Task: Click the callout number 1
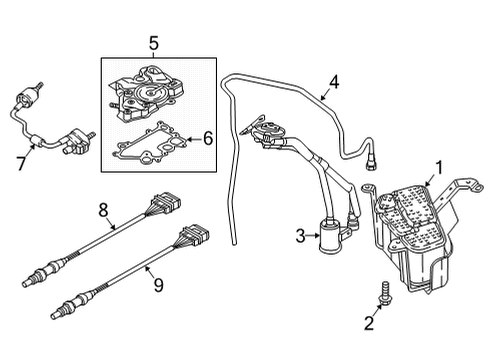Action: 440,168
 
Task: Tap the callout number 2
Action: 369,323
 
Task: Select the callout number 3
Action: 300,236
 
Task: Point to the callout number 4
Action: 334,82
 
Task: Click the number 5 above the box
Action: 154,44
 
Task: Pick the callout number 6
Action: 208,138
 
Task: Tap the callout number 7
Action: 21,164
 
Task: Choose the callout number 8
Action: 103,210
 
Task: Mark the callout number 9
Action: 158,285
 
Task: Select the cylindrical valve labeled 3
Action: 329,236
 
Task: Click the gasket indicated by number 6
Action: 150,143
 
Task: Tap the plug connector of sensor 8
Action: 166,201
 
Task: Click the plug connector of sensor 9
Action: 195,233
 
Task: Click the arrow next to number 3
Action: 313,236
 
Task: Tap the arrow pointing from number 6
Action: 194,139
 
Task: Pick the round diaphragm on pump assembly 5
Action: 148,91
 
